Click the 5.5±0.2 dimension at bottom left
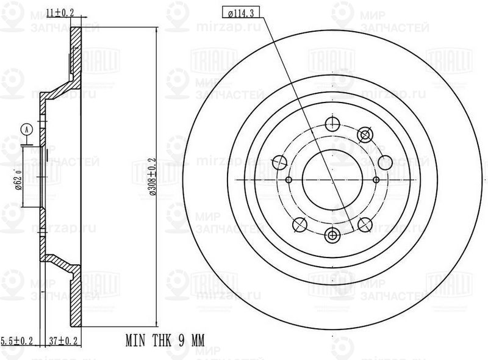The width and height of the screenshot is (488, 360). [16, 340]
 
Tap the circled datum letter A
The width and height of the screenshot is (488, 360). [26, 129]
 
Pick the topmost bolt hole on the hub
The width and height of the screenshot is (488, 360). [332, 124]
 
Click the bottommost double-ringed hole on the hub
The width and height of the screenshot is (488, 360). [332, 236]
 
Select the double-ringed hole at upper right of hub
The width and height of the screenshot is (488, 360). [365, 135]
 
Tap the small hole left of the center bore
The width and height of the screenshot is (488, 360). [290, 180]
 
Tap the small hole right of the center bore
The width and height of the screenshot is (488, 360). [376, 180]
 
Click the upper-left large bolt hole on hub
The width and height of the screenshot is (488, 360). [280, 162]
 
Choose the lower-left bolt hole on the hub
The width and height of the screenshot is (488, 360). [300, 225]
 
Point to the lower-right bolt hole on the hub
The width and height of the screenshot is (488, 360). [365, 225]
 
